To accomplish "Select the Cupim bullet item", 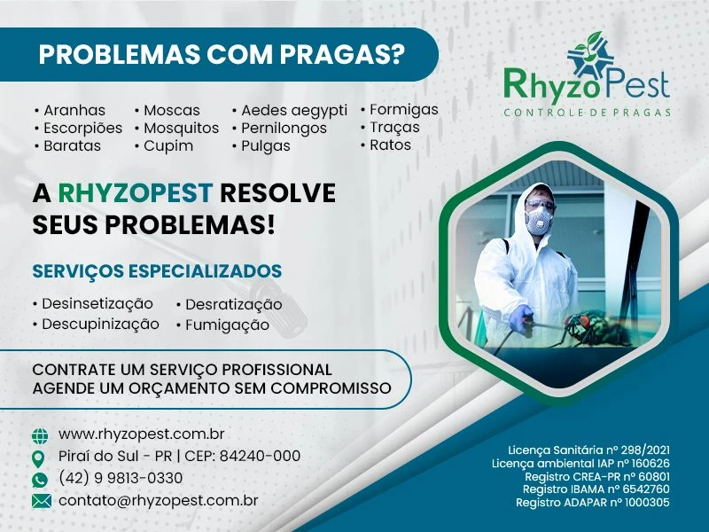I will click(x=168, y=145).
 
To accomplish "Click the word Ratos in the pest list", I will click(x=390, y=145).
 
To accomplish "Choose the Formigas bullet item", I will click(x=403, y=109).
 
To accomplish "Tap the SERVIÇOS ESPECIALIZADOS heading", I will click(x=158, y=270).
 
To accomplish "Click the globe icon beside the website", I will click(x=40, y=436).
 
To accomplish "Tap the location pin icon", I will click(x=40, y=458).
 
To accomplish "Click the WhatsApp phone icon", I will click(x=40, y=480).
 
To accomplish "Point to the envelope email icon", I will click(x=41, y=501).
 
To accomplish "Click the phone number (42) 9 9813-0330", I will click(x=121, y=479).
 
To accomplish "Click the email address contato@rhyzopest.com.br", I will click(x=159, y=501).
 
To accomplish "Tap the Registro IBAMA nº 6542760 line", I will click(x=596, y=489).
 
